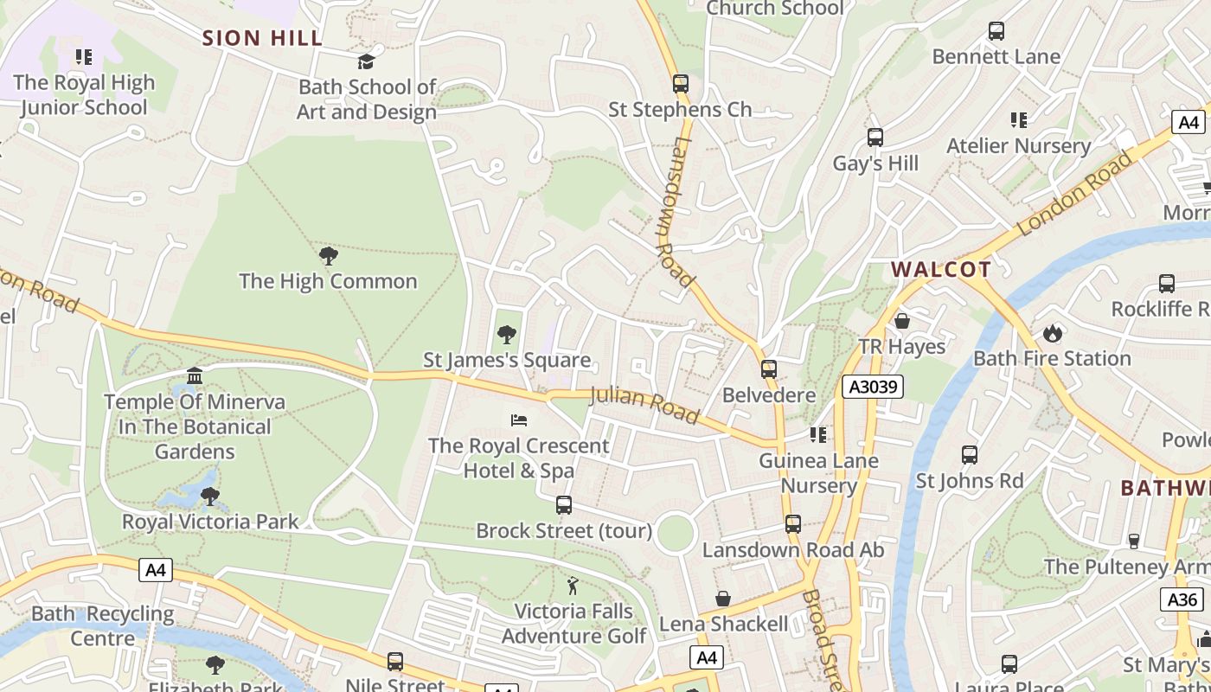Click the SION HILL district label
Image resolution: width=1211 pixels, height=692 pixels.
262,38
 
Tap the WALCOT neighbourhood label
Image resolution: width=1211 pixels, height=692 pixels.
941,269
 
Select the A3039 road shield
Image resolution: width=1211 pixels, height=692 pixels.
873,387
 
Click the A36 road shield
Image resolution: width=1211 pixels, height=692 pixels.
1182,599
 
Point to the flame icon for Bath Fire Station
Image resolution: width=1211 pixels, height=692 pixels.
1052,333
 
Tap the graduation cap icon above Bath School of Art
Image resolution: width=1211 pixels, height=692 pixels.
367,61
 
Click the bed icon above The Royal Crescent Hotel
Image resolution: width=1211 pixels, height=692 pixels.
519,420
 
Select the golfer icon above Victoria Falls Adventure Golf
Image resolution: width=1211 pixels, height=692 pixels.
573,586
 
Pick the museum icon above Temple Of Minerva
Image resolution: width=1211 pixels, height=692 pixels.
195,376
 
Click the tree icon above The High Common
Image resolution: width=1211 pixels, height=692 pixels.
328,255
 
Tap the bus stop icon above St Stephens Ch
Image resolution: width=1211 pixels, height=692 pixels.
681,84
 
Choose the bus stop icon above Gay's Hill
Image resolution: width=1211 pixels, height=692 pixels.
875,138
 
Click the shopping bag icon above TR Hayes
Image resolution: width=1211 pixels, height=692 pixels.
902,321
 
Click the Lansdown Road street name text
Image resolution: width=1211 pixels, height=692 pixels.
674,212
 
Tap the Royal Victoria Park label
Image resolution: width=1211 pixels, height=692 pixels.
210,522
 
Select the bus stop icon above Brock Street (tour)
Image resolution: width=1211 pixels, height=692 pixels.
564,505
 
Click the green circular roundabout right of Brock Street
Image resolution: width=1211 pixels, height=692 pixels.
676,532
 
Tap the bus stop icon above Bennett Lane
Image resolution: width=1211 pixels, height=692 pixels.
996,31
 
